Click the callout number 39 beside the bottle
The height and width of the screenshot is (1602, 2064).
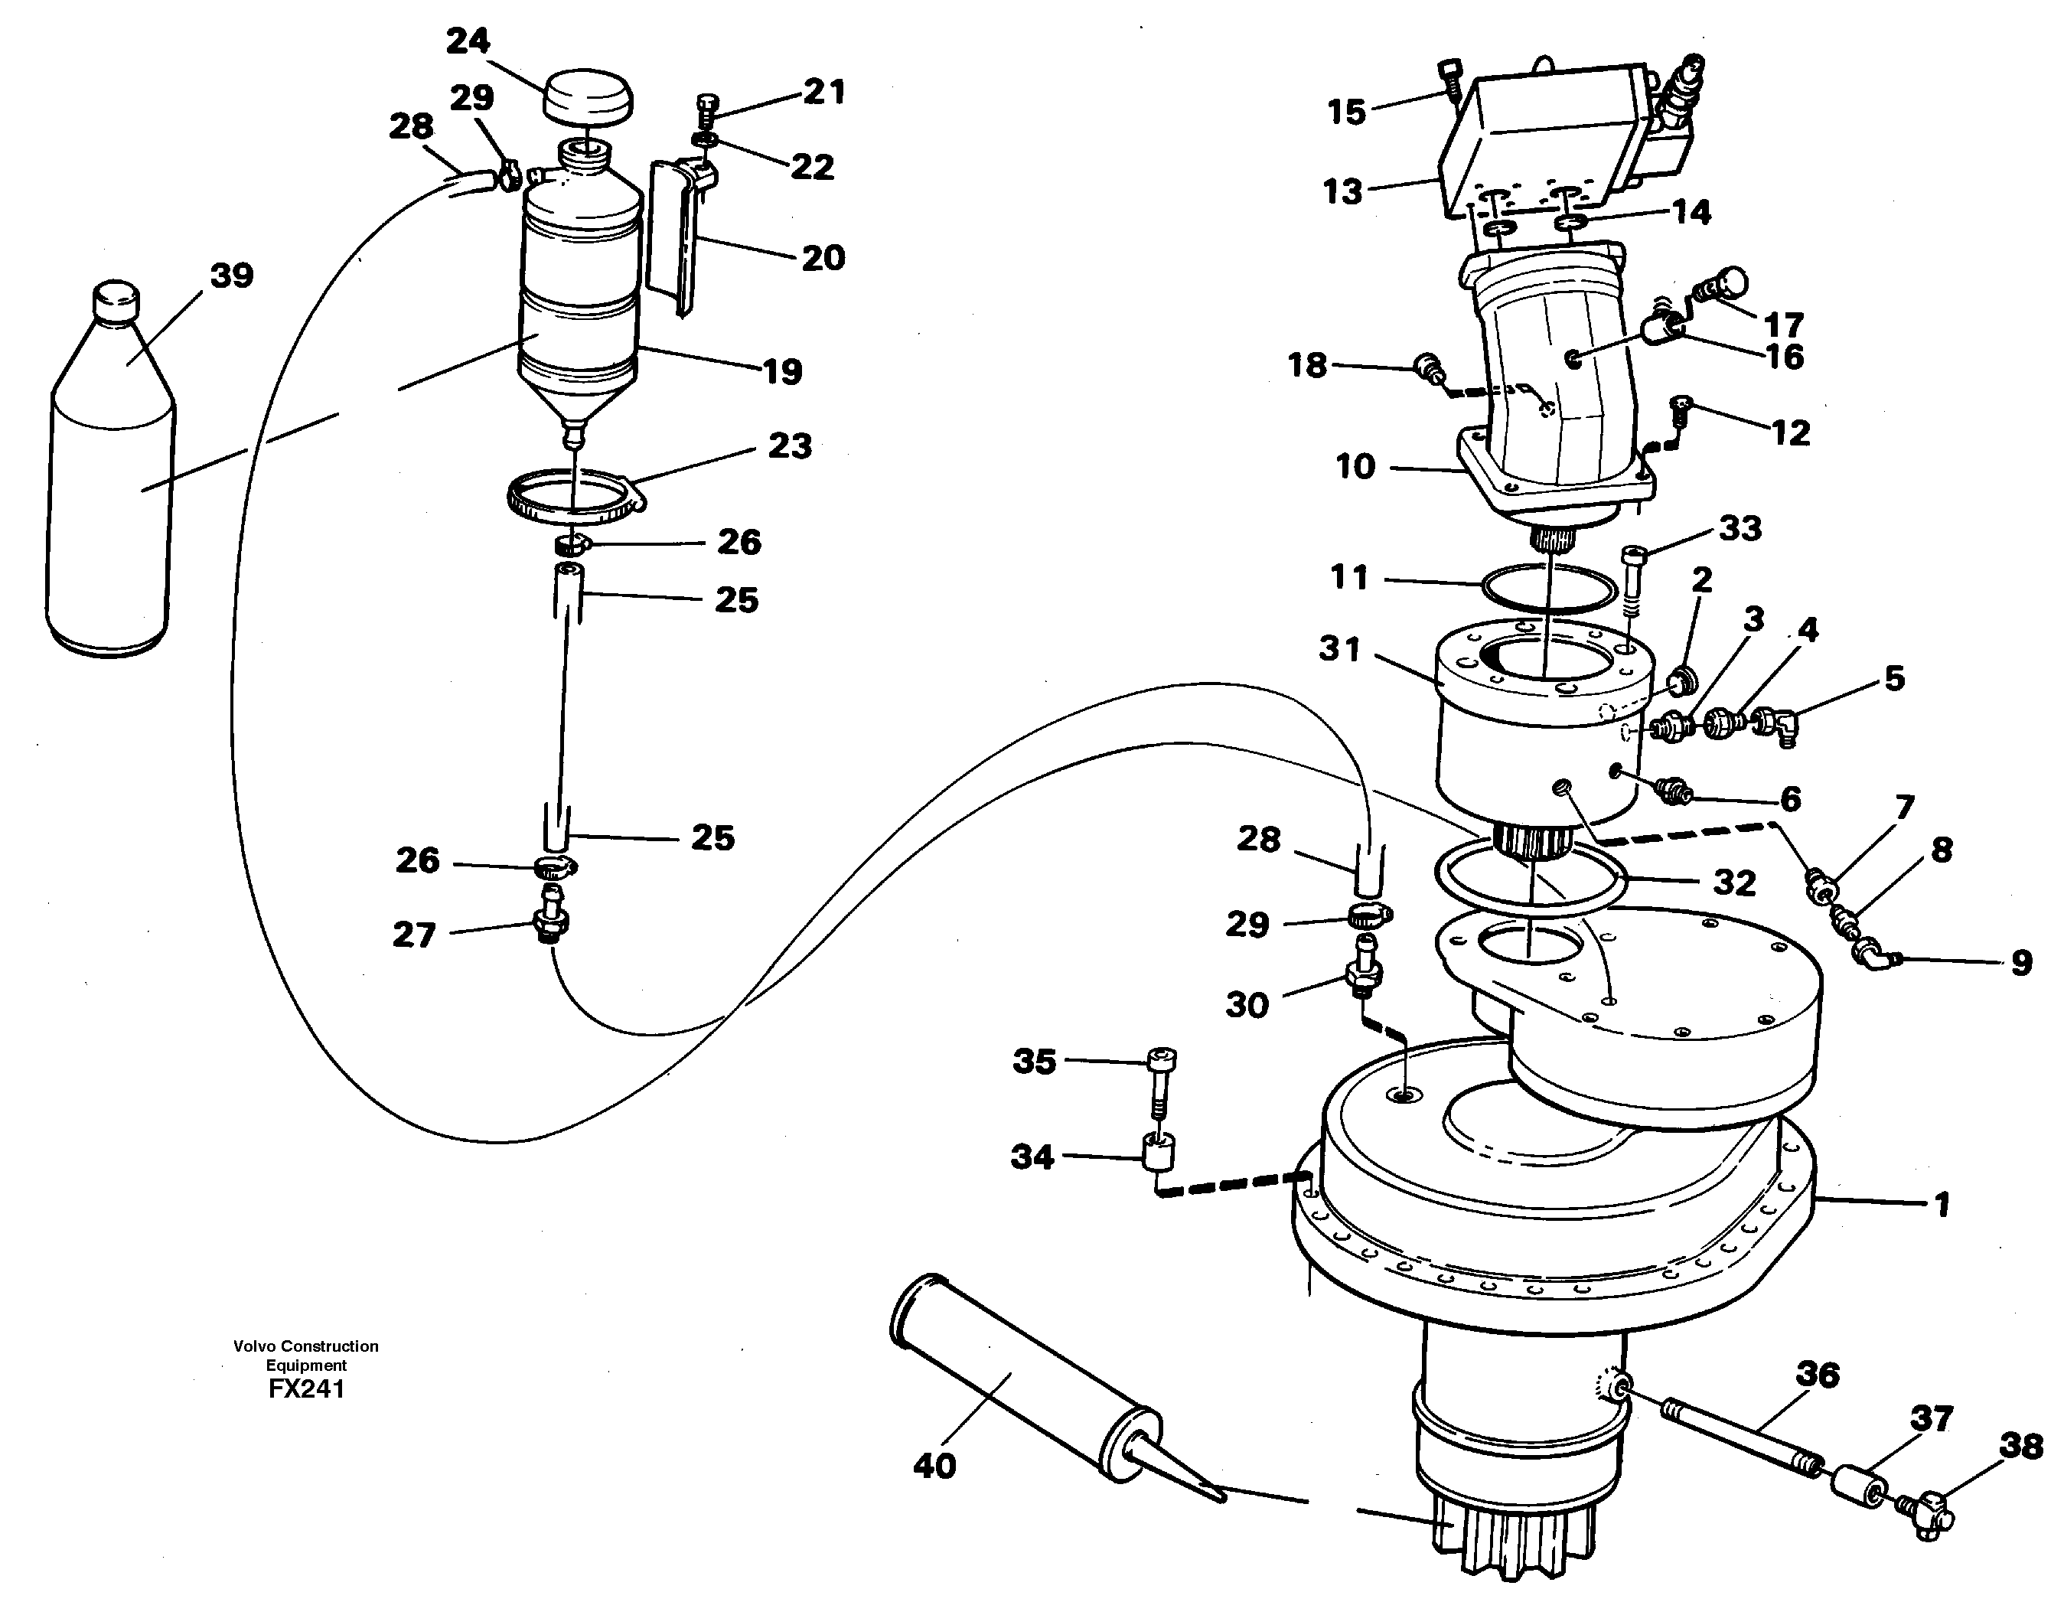click(232, 276)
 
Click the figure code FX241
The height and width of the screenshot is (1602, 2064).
click(306, 1388)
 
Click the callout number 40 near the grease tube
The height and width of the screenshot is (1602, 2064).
click(934, 1466)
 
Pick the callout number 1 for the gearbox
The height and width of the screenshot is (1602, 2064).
click(1941, 1204)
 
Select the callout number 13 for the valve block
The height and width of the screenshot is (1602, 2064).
click(1342, 192)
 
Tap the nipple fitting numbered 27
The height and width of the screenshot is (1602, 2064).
click(552, 922)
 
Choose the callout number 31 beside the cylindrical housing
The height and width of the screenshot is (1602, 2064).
click(1340, 649)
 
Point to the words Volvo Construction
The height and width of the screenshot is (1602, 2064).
click(306, 1346)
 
